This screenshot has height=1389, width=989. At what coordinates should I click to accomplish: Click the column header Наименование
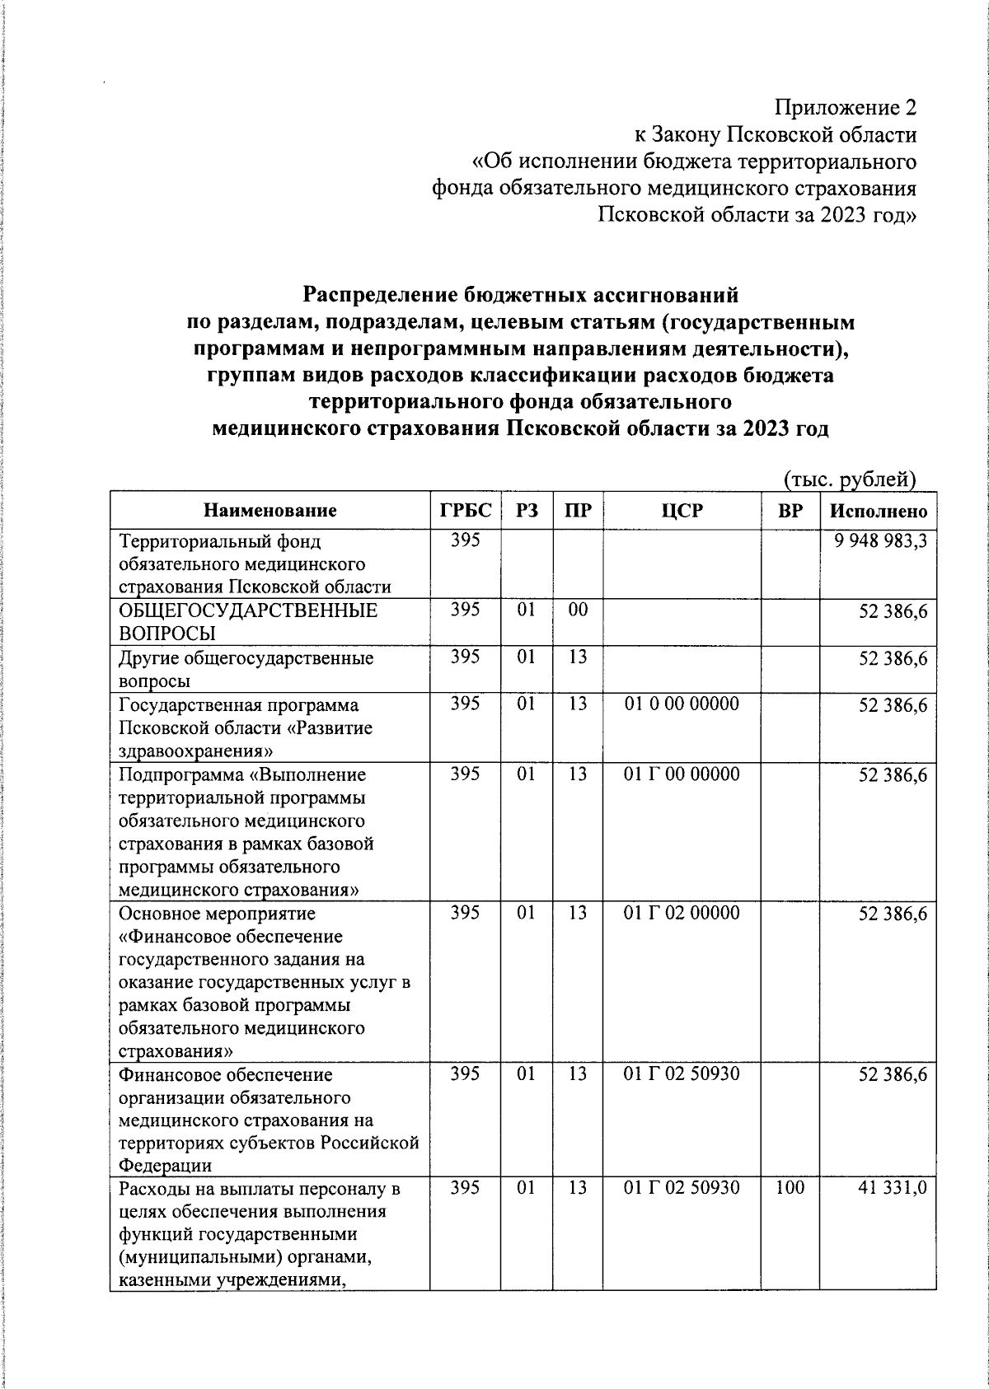[270, 511]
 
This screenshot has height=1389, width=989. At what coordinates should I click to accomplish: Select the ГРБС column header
[466, 511]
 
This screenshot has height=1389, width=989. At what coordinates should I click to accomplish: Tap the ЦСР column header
[682, 511]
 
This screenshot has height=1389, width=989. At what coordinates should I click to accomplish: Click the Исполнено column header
[879, 511]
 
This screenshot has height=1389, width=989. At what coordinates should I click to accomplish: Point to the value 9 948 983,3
[880, 542]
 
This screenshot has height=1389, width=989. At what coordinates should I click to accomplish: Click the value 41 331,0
[893, 1188]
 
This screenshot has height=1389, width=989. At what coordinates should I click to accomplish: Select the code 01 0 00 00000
[682, 704]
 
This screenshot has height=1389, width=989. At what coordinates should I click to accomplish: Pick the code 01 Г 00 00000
[682, 774]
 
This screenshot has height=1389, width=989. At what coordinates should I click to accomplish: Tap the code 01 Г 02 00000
[682, 913]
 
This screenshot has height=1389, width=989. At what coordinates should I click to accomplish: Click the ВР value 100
[790, 1188]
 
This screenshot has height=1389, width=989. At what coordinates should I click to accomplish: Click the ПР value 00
[578, 610]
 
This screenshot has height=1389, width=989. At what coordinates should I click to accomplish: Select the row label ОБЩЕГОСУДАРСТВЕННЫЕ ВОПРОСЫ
[248, 622]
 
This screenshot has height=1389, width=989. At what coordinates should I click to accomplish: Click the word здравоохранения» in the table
[196, 751]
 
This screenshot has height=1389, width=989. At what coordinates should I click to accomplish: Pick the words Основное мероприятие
[217, 914]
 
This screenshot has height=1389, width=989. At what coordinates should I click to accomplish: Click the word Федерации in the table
[165, 1167]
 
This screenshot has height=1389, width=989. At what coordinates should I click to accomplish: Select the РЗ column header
[527, 511]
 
